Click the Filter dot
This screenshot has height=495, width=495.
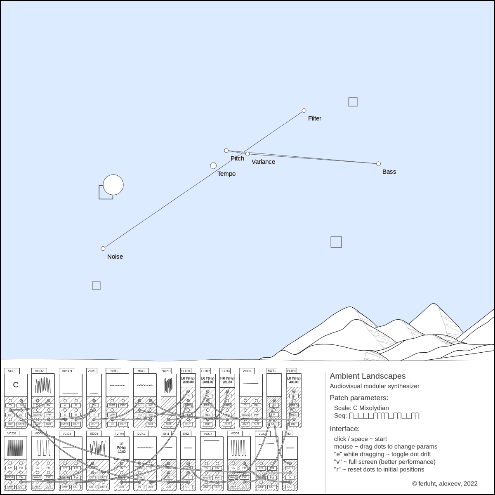[x=304, y=111]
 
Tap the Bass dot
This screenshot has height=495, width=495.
[x=378, y=164]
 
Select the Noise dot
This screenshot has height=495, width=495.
[x=103, y=248]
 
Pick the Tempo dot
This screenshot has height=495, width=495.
[x=213, y=166]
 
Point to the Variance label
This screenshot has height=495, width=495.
[x=263, y=162]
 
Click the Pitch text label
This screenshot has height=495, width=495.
[x=237, y=158]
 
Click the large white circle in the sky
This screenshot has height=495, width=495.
[x=113, y=185]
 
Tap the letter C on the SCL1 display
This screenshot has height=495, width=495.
[x=16, y=385]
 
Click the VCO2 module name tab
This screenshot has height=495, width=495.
[x=39, y=371]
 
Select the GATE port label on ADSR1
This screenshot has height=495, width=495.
[x=65, y=424]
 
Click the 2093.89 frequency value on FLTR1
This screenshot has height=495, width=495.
[x=188, y=382]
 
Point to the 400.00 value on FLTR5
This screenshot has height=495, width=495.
[x=294, y=382]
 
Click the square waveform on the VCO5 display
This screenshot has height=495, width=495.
[x=238, y=447]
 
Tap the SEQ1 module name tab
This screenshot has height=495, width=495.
[x=94, y=434]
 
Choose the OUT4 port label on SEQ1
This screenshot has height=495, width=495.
[x=104, y=487]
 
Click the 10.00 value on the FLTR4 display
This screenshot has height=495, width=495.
[x=122, y=452]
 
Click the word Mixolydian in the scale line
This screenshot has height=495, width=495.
[x=371, y=408]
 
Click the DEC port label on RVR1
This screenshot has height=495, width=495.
[x=123, y=405]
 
